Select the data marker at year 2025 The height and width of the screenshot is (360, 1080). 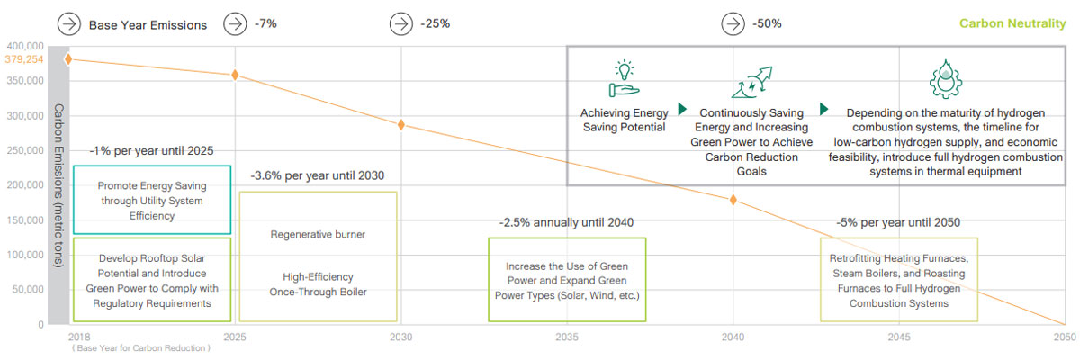(235, 75)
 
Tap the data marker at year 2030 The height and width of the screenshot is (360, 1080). (401, 124)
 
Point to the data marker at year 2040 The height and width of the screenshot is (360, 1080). (733, 200)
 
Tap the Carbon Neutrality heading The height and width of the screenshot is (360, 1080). (1012, 23)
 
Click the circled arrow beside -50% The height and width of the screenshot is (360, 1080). (734, 23)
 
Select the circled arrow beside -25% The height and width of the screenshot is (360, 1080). (402, 23)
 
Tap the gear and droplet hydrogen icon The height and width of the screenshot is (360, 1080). (944, 78)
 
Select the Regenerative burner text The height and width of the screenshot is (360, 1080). (318, 235)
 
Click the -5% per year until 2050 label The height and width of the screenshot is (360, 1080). (898, 222)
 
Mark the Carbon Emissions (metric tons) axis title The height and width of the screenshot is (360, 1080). (58, 185)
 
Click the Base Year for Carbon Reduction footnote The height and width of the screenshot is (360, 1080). (142, 348)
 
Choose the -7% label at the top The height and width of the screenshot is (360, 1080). (266, 23)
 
